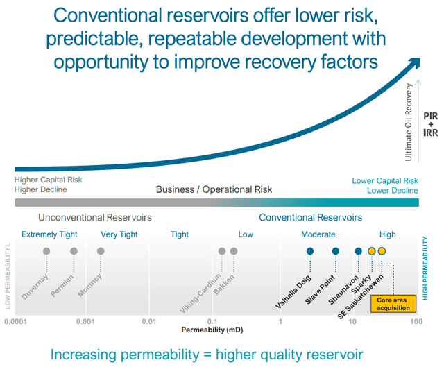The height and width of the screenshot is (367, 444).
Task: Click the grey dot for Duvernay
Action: [46, 251]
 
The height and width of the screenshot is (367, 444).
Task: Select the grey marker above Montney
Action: [101, 251]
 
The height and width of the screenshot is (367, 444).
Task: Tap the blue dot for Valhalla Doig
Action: [310, 251]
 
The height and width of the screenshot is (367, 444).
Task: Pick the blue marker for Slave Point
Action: [336, 251]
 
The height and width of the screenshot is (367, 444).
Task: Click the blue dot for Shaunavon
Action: [359, 251]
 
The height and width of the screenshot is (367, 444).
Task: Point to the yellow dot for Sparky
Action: [372, 251]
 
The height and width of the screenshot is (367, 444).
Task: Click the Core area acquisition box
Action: [393, 304]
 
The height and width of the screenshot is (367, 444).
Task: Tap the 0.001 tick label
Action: [85, 321]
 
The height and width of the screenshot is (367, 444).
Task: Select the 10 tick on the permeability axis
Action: [352, 321]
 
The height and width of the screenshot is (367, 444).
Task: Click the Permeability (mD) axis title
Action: [212, 330]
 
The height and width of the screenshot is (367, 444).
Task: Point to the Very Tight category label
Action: [119, 234]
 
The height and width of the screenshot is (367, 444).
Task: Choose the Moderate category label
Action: [318, 234]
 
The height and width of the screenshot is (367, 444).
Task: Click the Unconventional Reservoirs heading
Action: [95, 217]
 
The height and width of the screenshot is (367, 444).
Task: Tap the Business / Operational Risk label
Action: [214, 189]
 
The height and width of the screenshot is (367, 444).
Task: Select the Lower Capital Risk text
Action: [385, 180]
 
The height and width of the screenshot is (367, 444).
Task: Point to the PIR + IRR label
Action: [430, 124]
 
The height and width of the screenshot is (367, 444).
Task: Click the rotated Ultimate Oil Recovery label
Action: [409, 122]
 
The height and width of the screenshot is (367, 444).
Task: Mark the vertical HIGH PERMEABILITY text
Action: [425, 268]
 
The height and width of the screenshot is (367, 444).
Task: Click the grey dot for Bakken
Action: [234, 251]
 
